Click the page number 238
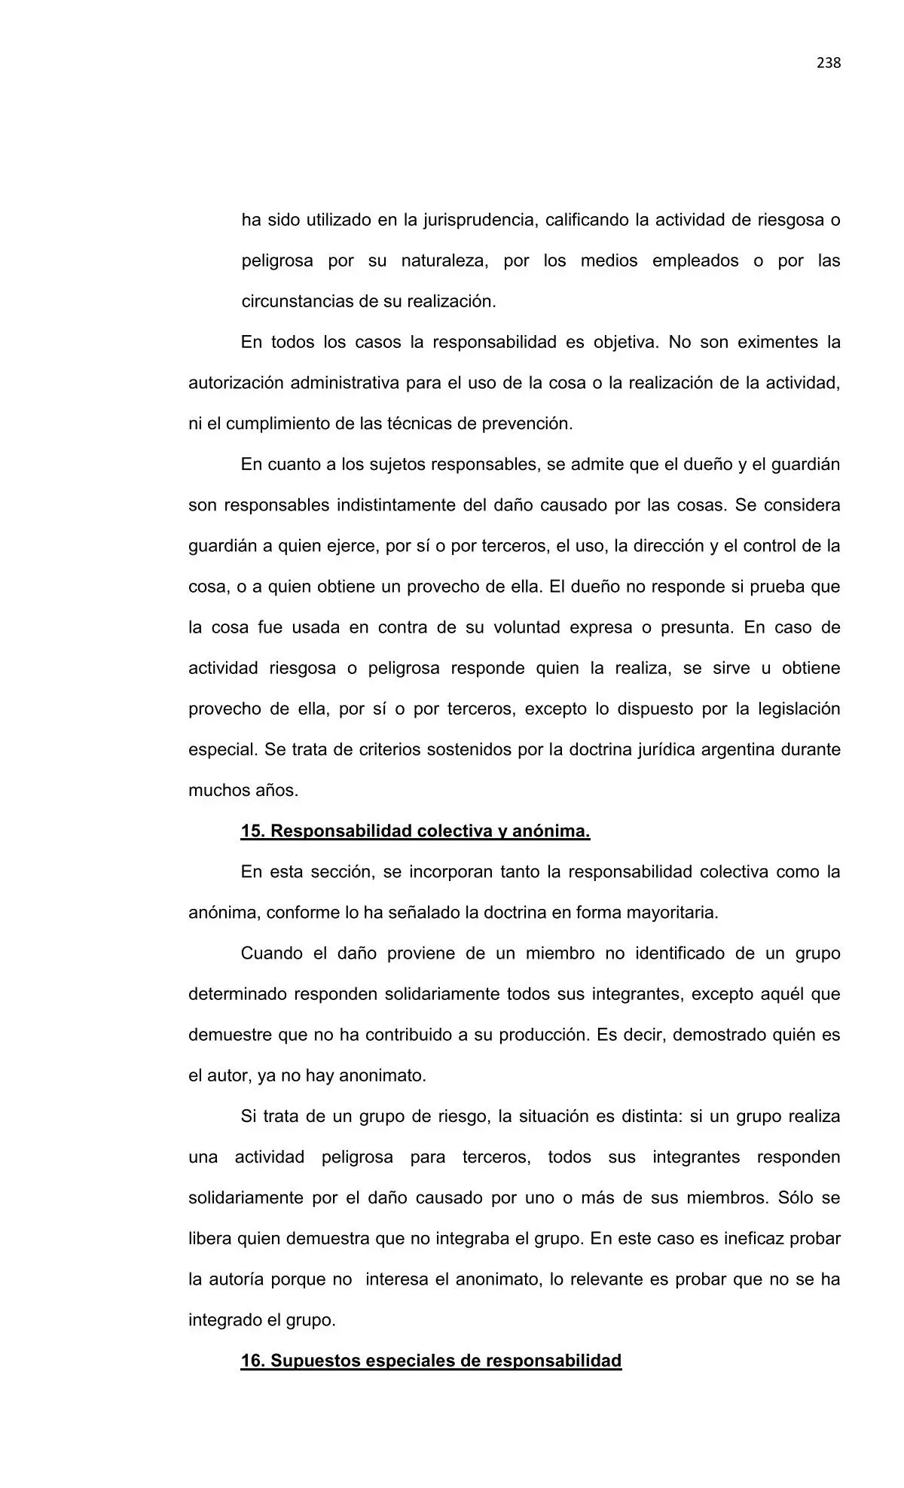828,63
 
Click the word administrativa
343,383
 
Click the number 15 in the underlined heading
252,831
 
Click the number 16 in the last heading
252,1361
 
